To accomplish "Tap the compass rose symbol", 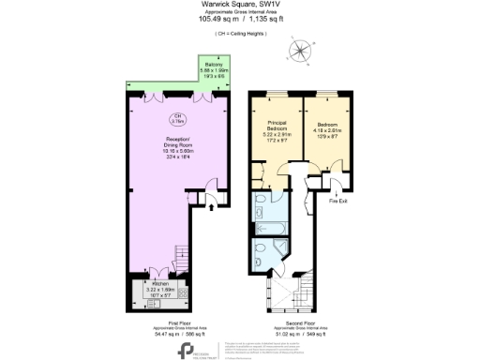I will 300,52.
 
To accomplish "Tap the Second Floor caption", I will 287,322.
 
